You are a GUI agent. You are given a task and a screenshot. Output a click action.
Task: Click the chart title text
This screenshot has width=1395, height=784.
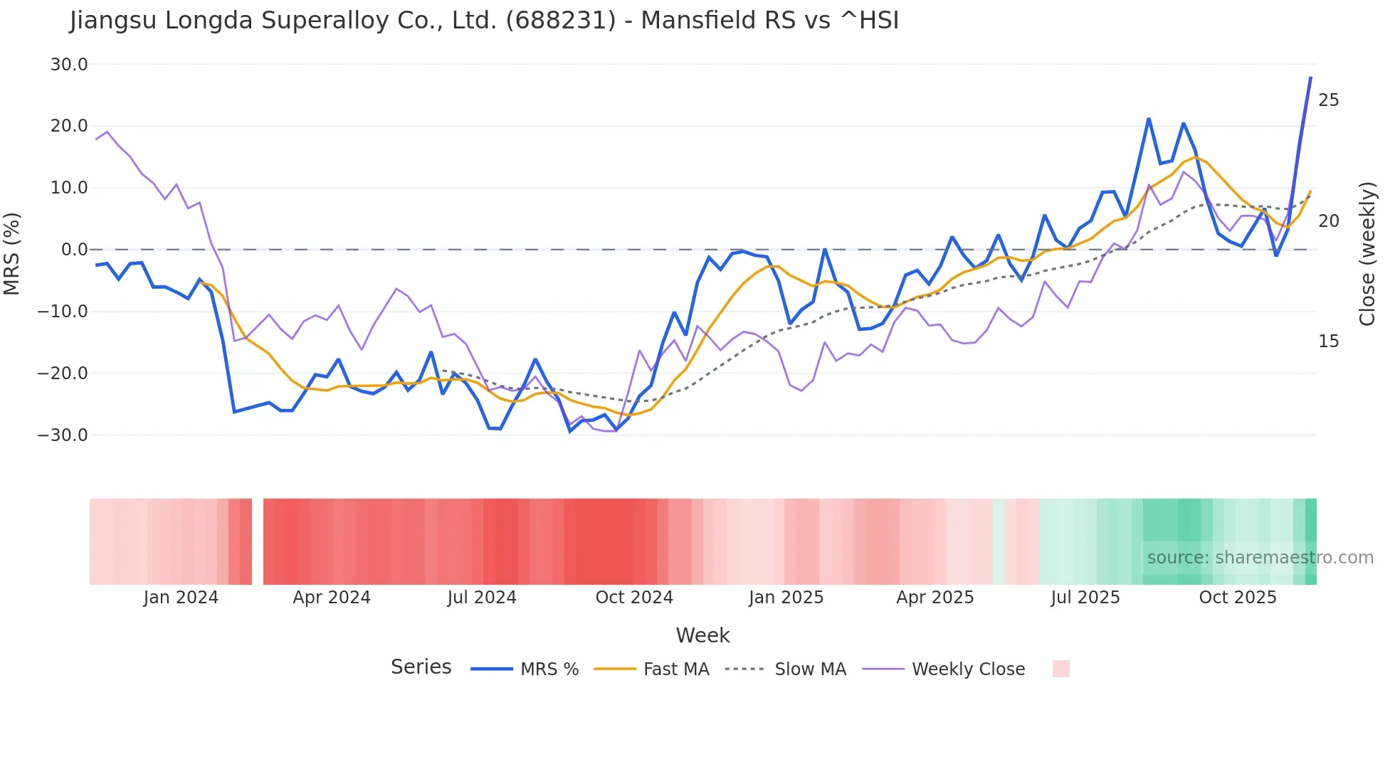click(484, 21)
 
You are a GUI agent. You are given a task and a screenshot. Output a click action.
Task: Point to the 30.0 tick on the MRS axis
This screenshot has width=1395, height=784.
click(69, 65)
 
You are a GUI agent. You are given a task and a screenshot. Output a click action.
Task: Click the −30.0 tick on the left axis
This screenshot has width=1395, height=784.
click(63, 435)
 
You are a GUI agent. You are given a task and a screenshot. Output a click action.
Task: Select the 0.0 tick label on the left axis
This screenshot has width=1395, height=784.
click(74, 250)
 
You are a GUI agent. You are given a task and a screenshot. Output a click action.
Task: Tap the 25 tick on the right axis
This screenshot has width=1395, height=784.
click(1328, 100)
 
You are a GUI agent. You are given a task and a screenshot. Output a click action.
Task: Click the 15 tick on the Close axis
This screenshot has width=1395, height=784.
click(1328, 341)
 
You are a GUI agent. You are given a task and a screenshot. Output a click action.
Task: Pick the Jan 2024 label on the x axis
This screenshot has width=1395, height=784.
click(181, 598)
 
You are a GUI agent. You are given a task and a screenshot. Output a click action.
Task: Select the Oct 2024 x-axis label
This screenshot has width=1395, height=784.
click(634, 598)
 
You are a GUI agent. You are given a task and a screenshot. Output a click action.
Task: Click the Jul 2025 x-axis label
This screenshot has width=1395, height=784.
click(1085, 598)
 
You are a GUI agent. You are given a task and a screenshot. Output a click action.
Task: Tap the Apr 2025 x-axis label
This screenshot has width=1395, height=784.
click(935, 598)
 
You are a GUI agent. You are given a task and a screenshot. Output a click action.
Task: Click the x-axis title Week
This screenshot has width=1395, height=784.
click(702, 635)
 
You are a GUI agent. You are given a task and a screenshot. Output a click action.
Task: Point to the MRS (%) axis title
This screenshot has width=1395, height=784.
click(12, 253)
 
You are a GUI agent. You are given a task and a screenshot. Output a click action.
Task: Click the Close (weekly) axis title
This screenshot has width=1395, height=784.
click(1367, 253)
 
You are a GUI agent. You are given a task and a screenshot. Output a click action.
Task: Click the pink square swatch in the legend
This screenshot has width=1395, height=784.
click(1060, 669)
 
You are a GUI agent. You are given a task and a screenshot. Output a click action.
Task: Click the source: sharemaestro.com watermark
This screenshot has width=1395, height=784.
click(1260, 558)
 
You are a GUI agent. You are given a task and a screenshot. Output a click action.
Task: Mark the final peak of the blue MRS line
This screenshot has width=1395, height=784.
click(1310, 78)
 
